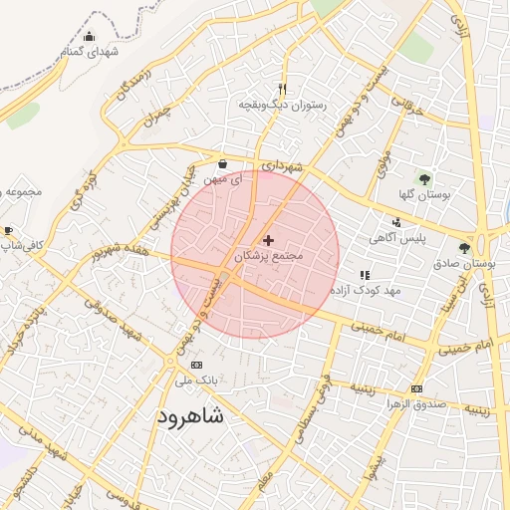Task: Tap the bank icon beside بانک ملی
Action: (195, 366)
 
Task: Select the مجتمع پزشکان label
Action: (267, 256)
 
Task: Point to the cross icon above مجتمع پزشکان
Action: (268, 240)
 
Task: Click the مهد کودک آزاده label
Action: (366, 290)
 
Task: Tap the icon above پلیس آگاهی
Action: (397, 223)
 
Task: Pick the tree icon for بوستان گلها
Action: (425, 180)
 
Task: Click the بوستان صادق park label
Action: (465, 264)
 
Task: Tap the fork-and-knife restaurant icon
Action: (283, 89)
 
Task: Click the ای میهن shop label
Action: (221, 179)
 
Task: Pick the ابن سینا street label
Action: (460, 290)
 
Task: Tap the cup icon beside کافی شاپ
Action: (8, 230)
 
